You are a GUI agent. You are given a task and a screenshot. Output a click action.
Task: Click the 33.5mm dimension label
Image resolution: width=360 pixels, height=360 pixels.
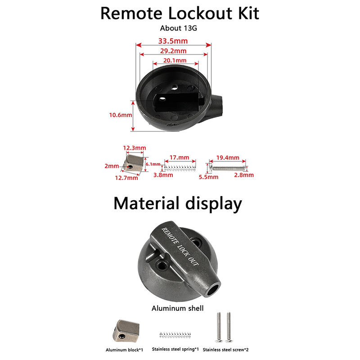click(173, 41)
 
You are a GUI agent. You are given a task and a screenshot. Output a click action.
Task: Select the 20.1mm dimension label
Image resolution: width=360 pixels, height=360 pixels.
click(175, 60)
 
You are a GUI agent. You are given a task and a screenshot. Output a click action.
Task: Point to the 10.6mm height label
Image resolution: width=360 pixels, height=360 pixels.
click(120, 115)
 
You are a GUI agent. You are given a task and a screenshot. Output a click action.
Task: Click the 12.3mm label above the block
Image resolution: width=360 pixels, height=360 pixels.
click(134, 148)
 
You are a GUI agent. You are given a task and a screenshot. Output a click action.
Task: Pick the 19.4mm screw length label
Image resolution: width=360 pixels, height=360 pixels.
click(227, 158)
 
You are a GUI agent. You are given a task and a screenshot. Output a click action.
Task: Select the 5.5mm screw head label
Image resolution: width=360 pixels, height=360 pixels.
click(209, 177)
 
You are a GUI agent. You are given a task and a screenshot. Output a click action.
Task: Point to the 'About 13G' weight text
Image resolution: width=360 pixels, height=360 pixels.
click(179, 28)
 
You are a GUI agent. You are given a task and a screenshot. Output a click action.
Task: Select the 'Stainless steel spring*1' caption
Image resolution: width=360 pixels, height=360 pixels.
click(175, 349)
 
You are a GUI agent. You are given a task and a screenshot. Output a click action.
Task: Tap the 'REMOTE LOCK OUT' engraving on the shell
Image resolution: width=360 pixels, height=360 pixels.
click(180, 246)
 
